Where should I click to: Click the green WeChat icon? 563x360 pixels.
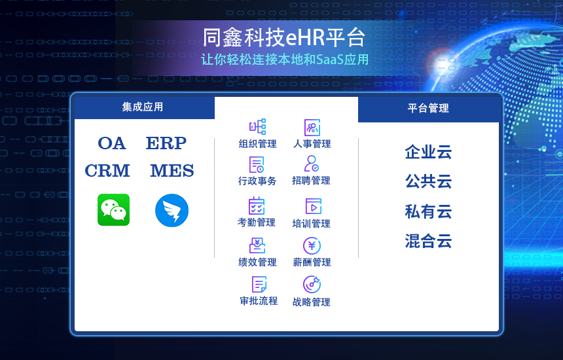113,210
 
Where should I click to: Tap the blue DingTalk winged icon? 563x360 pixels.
172,211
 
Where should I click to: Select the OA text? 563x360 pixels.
111,143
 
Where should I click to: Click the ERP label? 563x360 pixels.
166,143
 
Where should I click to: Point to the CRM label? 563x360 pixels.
107,171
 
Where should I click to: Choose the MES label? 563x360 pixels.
172,171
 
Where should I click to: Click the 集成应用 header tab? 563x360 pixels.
142,107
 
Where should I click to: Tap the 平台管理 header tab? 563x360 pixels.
428,109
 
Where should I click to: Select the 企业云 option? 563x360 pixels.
428,153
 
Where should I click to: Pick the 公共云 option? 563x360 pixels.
428,181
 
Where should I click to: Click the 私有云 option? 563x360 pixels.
428,211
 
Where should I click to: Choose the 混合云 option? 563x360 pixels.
428,242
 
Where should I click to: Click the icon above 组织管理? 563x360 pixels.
257,127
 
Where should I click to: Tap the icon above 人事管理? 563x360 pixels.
312,128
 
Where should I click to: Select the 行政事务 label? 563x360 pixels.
257,181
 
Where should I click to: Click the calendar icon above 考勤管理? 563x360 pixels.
257,206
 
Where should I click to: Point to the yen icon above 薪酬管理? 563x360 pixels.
312,245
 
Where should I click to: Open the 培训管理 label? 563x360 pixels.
311,224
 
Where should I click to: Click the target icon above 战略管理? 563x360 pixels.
312,285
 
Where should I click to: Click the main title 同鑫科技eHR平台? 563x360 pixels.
283,37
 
